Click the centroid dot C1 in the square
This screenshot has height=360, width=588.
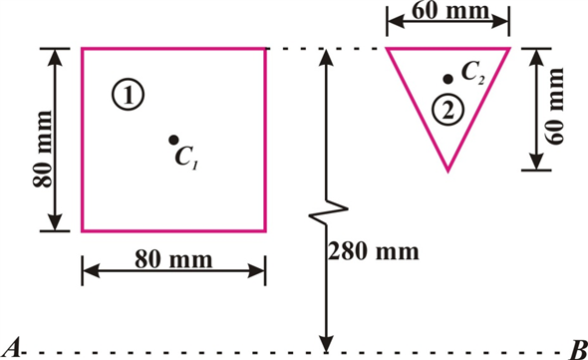[173, 140]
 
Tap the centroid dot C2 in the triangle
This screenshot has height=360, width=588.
[449, 77]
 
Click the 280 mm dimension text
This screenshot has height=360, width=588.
[367, 249]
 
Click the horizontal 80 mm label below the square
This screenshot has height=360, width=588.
[173, 259]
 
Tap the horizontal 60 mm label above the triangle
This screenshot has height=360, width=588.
[448, 12]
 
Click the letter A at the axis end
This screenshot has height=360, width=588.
[13, 347]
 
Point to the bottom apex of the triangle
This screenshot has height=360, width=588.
[447, 170]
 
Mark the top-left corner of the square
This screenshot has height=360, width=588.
[82, 48]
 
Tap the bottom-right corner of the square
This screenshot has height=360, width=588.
[265, 229]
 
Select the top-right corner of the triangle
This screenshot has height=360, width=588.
[508, 48]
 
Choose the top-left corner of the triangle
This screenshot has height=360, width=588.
[387, 48]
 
